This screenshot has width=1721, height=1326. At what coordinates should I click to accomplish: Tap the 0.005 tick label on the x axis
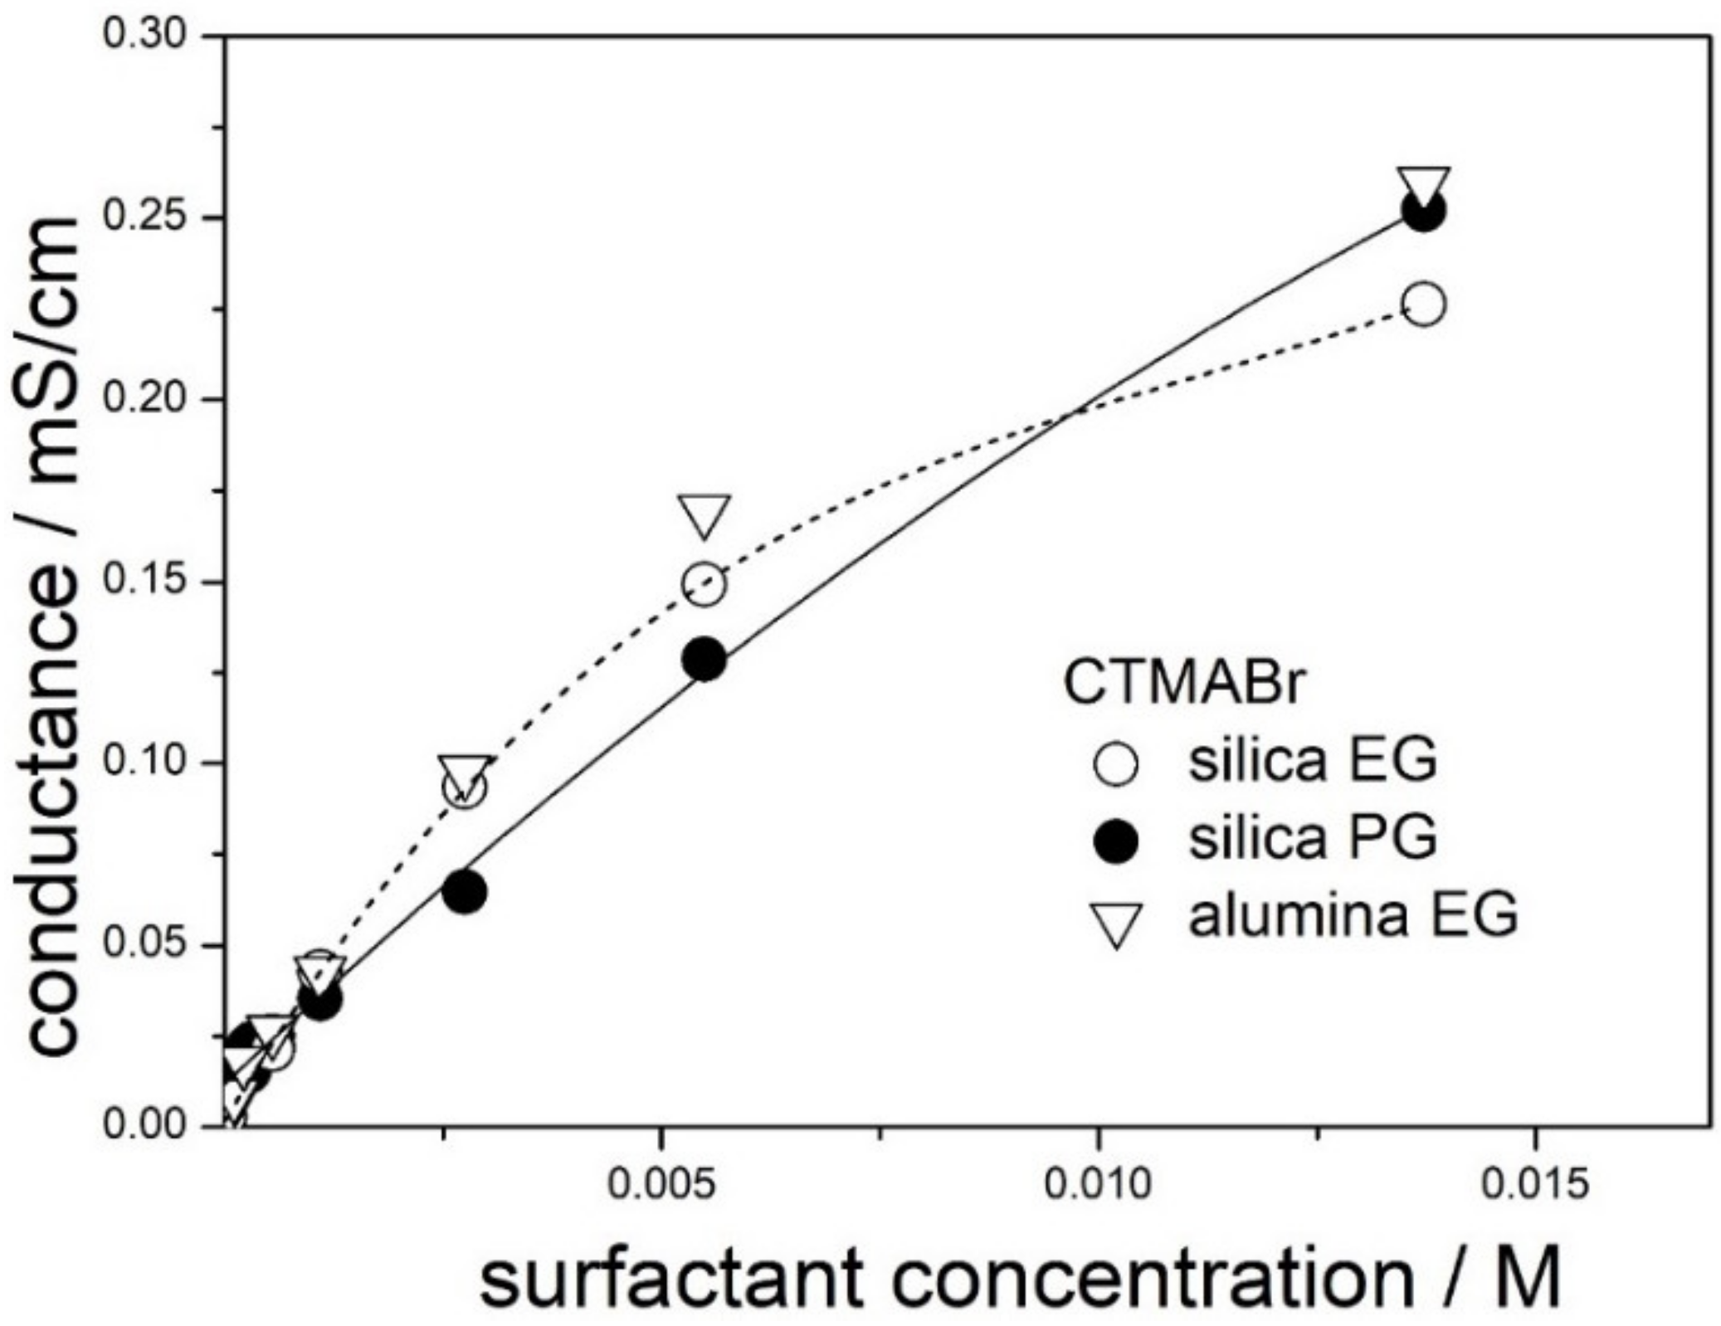pyautogui.click(x=661, y=1185)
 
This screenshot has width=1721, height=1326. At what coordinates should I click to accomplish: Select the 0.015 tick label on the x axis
pyautogui.click(x=1534, y=1185)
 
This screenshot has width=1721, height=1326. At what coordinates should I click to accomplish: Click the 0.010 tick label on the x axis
pyautogui.click(x=1098, y=1185)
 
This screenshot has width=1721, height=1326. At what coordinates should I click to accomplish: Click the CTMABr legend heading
pyautogui.click(x=1184, y=685)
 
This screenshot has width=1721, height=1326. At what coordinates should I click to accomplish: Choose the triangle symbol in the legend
pyautogui.click(x=1115, y=924)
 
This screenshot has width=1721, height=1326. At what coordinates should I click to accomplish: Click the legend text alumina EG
pyautogui.click(x=1353, y=916)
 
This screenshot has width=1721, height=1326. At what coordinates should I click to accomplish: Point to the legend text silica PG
pyautogui.click(x=1313, y=838)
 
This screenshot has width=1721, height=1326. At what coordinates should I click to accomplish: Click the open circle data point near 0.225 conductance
pyautogui.click(x=1424, y=305)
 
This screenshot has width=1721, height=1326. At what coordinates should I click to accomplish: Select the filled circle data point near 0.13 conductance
pyautogui.click(x=704, y=661)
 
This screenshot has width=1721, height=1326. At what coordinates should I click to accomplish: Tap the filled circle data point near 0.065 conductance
pyautogui.click(x=465, y=892)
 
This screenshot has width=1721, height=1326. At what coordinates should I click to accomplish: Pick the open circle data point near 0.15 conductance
pyautogui.click(x=704, y=584)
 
